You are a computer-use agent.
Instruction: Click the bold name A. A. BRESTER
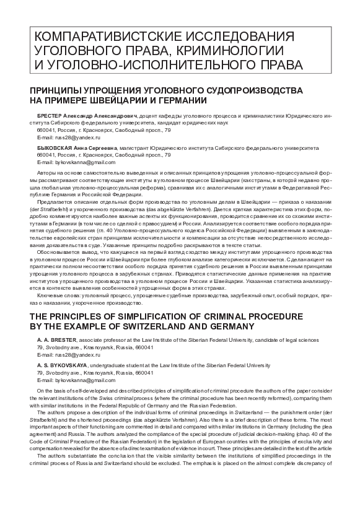click(57, 340)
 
